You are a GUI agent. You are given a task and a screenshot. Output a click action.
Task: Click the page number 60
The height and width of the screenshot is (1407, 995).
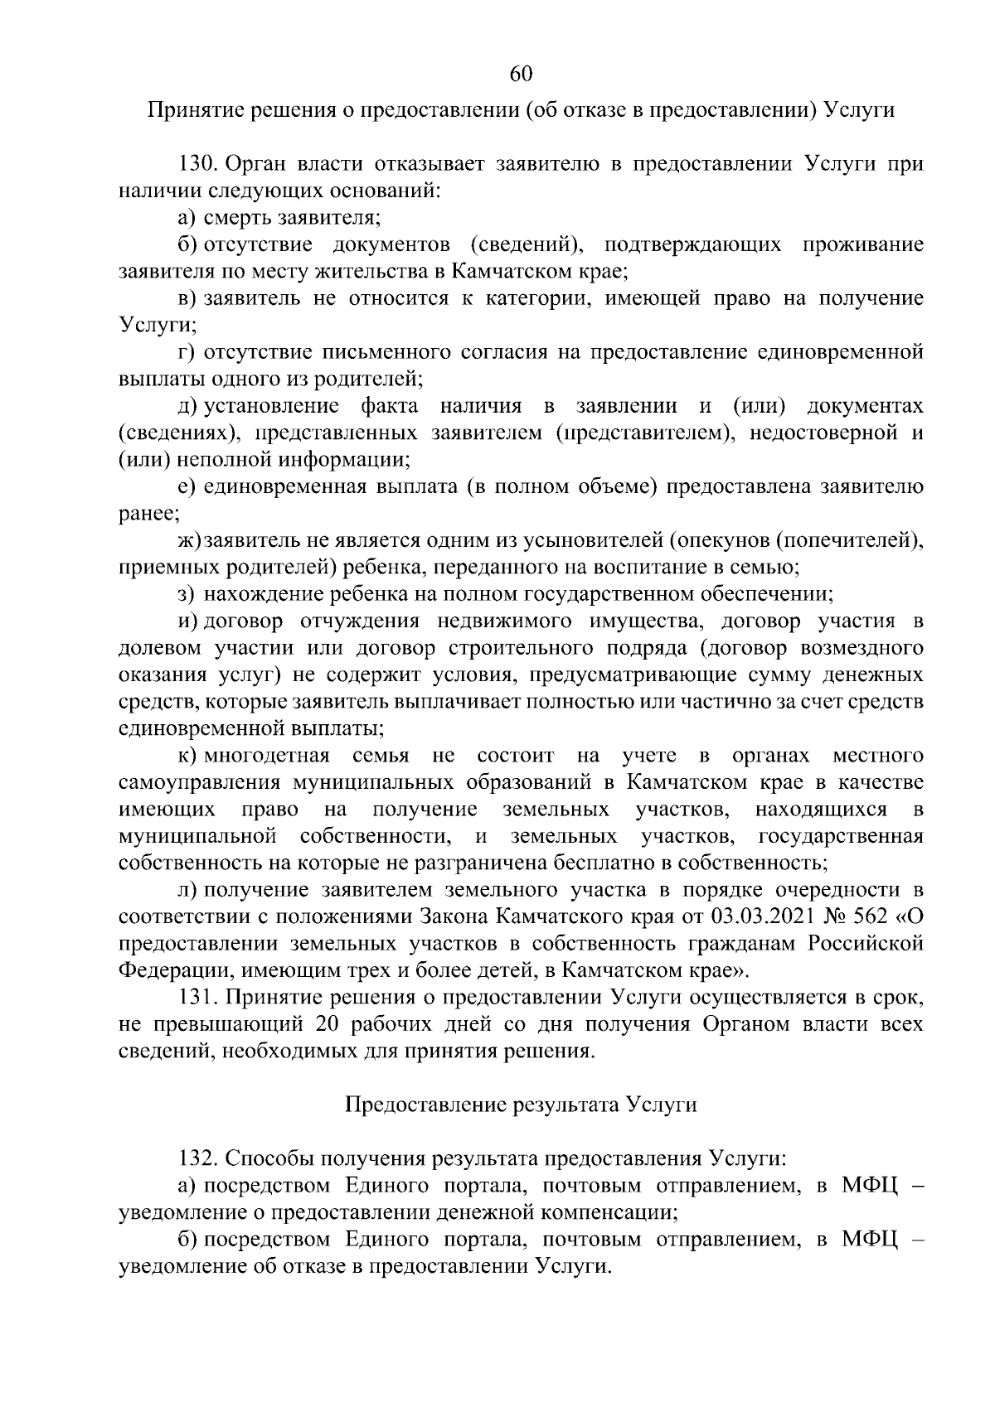(x=521, y=74)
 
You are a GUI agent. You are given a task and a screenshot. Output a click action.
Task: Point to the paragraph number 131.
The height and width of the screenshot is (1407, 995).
(x=199, y=998)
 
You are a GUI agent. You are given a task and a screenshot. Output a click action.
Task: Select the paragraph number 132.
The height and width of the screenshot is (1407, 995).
(x=199, y=1158)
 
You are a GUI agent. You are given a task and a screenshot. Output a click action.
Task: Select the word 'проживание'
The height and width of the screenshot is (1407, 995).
(x=863, y=244)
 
